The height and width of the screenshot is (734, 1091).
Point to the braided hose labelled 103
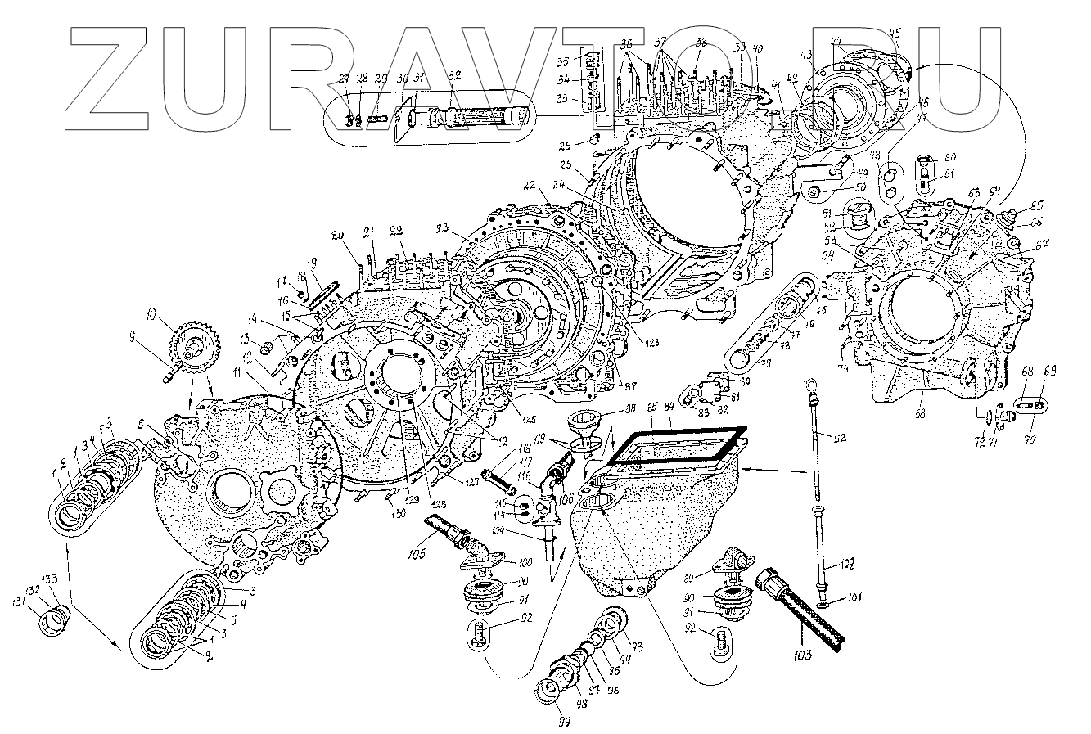pos(802,610)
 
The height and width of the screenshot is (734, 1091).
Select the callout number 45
pos(895,33)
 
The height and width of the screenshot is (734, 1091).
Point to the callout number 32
pos(455,74)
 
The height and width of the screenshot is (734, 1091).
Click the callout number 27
pos(345,79)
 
